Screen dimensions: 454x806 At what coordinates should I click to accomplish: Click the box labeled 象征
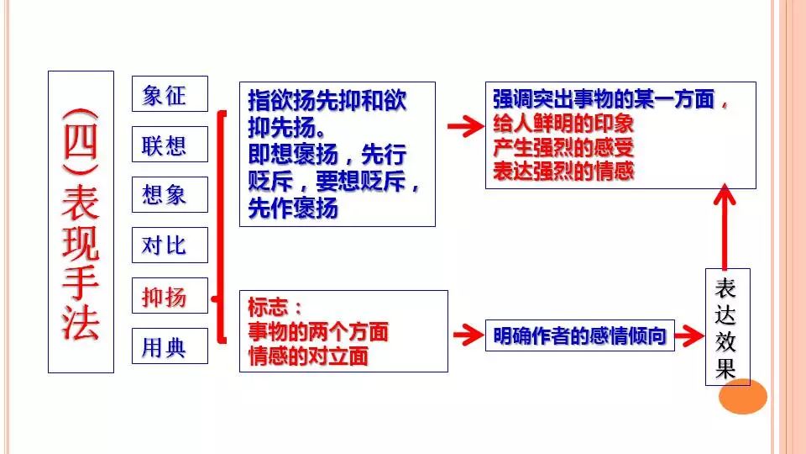click(x=169, y=94)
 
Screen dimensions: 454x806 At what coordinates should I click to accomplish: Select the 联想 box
click(x=169, y=145)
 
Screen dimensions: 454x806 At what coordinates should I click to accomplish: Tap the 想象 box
click(x=169, y=195)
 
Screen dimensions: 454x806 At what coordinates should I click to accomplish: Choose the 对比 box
click(x=169, y=245)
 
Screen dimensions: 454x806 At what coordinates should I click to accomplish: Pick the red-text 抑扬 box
click(x=169, y=296)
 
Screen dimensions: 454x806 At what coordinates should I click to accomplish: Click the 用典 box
click(x=169, y=346)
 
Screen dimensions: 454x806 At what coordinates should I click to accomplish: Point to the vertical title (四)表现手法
click(x=81, y=221)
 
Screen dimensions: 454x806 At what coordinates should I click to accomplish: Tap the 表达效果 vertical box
click(x=726, y=326)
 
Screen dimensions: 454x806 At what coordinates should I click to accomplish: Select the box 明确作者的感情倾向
click(x=580, y=336)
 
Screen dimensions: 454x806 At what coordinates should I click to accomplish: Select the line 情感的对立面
click(x=308, y=356)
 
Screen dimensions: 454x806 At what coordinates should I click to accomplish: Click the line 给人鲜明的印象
click(x=563, y=123)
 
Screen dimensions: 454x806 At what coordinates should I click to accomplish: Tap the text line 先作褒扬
click(x=293, y=209)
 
